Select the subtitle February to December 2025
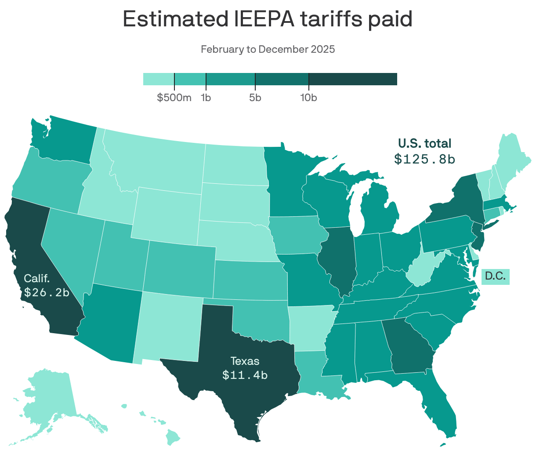point(268,49)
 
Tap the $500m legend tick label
point(174,98)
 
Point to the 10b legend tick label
point(308,98)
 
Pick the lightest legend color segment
point(159,79)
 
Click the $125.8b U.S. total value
point(424,159)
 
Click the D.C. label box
point(495,276)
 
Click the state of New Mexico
point(169,325)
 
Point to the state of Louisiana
point(314,374)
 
